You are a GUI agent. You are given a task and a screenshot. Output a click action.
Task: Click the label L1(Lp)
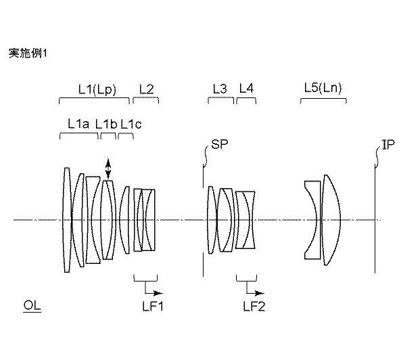pos(97,90)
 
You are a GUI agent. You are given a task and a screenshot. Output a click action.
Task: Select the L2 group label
pos(147,89)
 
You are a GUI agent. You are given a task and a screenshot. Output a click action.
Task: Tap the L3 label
pos(220,89)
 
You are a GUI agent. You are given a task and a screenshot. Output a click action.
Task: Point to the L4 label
pos(246,89)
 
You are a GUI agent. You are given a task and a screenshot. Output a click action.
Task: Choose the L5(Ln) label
pos(323,89)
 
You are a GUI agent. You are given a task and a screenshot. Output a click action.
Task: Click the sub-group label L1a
pos(78,124)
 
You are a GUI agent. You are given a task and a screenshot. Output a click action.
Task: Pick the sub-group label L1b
pos(106,124)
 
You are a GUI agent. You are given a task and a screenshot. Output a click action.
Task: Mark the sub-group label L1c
pos(131,124)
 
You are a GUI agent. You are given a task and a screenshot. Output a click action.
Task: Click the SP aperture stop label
pos(219,144)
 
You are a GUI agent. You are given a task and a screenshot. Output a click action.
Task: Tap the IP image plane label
pos(388,144)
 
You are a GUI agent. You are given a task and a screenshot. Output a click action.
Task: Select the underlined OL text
pos(32,305)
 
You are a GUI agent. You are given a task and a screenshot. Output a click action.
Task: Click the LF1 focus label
pos(152,306)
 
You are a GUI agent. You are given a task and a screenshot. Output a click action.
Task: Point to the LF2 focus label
pos(254,306)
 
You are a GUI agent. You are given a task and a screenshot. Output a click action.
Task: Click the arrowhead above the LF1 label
pos(158,293)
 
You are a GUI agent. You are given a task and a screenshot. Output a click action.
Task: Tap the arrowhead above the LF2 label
pos(260,293)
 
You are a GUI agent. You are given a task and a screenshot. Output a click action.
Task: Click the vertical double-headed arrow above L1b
pos(108,168)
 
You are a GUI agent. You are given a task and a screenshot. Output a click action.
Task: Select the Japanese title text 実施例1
pos(28,53)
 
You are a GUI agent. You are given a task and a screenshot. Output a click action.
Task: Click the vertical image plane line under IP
pos(375,219)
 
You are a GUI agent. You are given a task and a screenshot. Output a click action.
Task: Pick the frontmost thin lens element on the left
pos(67,220)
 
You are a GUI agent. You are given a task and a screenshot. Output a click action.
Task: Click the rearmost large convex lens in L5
pos(332,220)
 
